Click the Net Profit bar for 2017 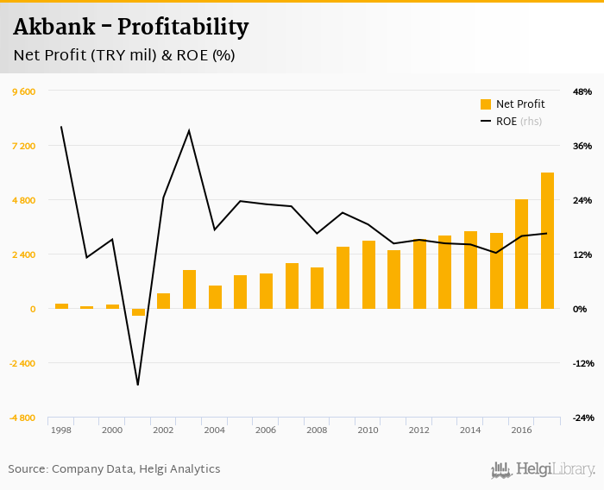tap(547, 241)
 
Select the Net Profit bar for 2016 tap(521, 254)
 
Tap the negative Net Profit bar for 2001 tap(138, 312)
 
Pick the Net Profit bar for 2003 tap(189, 289)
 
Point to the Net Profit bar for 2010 tap(368, 274)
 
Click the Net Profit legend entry tap(513, 104)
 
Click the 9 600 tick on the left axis tap(23, 91)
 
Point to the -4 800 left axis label tap(22, 418)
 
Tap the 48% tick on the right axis tap(582, 91)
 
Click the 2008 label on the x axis tap(317, 430)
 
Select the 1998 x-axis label tap(61, 430)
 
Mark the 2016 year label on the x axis tap(521, 430)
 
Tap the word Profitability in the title tap(183, 28)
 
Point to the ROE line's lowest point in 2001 tap(138, 385)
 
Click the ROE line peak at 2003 tap(189, 130)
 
